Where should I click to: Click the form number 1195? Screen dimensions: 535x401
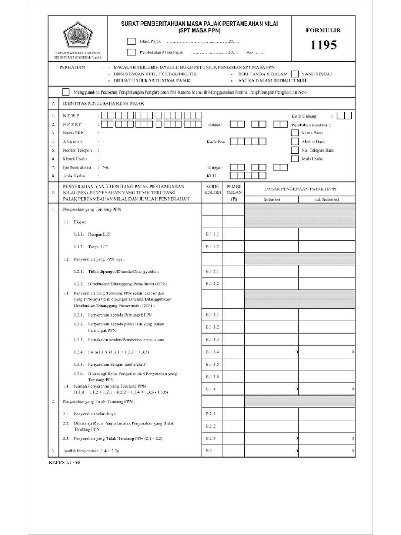click(x=323, y=45)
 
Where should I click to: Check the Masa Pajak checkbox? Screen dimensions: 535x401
click(x=131, y=41)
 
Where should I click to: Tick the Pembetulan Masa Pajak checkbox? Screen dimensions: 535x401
click(x=131, y=52)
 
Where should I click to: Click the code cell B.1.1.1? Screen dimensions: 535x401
click(x=212, y=235)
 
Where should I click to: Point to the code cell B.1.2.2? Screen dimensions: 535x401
click(x=212, y=284)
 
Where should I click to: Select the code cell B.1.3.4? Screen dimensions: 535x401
click(x=212, y=352)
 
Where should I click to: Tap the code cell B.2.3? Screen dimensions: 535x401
click(x=212, y=438)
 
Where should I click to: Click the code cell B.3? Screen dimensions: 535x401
click(x=212, y=450)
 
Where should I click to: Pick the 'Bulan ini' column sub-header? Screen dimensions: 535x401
click(x=271, y=200)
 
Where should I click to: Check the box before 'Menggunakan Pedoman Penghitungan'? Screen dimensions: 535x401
click(x=66, y=92)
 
